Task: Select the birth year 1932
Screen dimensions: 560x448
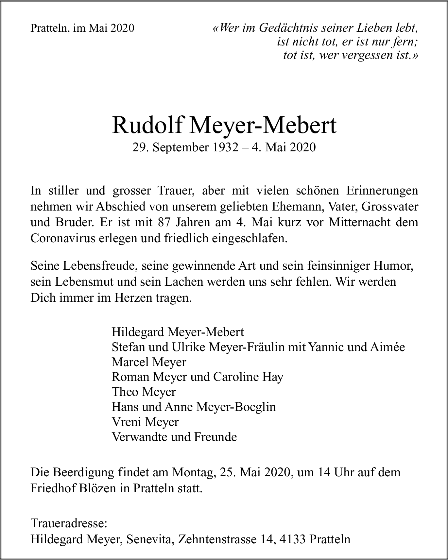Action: click(x=225, y=147)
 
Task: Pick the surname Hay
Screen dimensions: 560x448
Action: click(x=272, y=377)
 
